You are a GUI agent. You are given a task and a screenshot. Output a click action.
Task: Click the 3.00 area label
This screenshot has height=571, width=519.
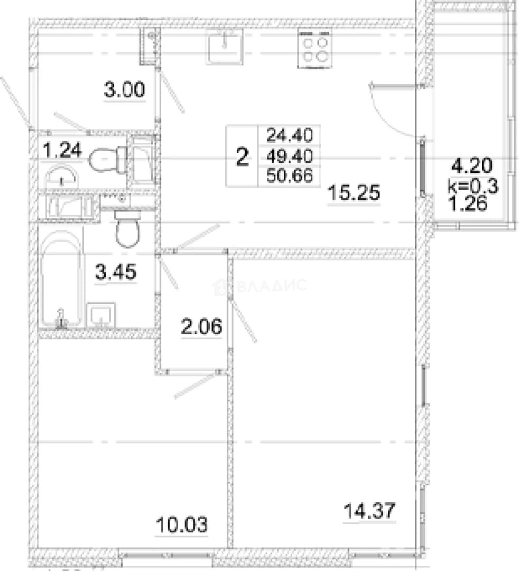[x=125, y=89]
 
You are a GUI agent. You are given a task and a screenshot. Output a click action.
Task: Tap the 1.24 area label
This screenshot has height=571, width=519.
[x=62, y=150]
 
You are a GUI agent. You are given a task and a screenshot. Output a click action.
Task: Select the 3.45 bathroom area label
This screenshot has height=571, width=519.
[x=116, y=272]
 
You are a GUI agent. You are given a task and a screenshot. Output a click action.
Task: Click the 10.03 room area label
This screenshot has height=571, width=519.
[x=181, y=525]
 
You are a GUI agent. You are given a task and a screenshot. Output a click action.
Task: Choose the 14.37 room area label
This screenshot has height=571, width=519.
[x=369, y=511]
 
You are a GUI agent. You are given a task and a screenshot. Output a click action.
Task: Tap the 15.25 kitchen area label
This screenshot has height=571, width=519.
[x=354, y=192]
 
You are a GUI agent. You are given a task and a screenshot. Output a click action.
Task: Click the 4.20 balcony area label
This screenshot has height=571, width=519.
[x=472, y=165]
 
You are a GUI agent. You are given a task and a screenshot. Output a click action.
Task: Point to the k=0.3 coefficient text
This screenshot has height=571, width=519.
[x=473, y=187]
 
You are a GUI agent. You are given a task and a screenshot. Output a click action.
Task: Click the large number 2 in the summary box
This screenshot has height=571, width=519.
[x=243, y=157]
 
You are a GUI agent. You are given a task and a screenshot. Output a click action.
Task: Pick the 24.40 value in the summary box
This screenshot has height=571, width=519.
[x=289, y=135]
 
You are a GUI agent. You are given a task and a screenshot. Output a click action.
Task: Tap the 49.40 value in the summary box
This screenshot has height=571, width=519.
[x=289, y=156]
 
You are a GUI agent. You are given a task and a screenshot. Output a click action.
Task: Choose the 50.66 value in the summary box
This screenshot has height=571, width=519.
[x=289, y=176]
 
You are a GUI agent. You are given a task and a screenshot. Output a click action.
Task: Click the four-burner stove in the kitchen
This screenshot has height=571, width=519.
[x=315, y=49]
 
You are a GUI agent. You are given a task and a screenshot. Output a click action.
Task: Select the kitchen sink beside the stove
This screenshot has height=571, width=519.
[x=224, y=47]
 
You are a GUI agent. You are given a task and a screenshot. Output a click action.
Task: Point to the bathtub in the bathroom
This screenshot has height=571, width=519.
[x=61, y=278]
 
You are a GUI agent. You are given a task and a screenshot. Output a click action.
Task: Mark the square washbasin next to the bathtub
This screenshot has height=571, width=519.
[x=101, y=315]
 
